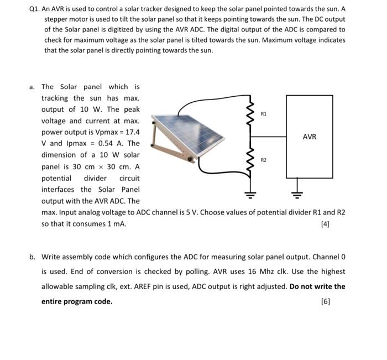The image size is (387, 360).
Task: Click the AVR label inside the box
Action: click(x=310, y=137)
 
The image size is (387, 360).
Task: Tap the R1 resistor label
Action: click(x=264, y=113)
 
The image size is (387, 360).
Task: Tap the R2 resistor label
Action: click(x=264, y=160)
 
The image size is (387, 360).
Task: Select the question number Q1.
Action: click(x=34, y=9)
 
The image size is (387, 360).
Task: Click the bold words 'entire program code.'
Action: click(x=77, y=301)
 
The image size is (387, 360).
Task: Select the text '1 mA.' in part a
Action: click(x=115, y=224)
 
